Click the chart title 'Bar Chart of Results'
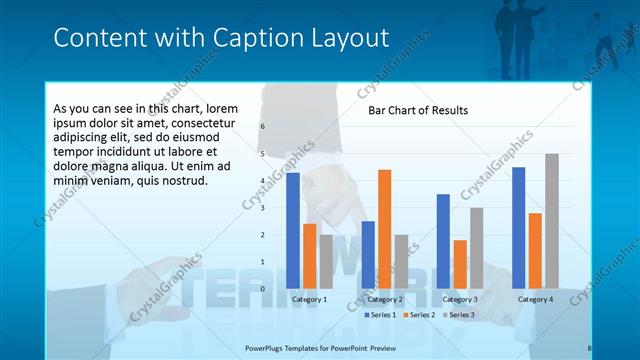418,110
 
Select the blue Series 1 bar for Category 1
293,230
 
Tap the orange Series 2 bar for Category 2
384,229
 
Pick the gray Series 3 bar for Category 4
551,221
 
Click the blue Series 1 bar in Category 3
443,241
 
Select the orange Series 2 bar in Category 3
459,264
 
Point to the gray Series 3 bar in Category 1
326,261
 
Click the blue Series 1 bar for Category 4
518,227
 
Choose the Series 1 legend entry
380,315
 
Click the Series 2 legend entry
418,315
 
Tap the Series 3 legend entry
457,315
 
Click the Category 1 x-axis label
309,299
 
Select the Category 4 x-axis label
535,299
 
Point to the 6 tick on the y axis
262,127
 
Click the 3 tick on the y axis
262,208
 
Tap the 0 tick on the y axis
262,289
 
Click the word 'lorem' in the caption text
224,108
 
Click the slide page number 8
589,348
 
